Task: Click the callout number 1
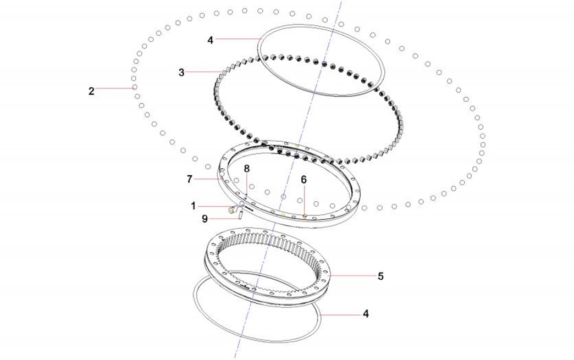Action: tap(194, 206)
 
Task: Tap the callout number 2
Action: tap(91, 91)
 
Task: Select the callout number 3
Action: tap(181, 73)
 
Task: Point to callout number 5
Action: tap(380, 276)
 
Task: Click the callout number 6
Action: tap(303, 180)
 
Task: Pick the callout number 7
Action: tap(189, 179)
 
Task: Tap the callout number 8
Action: tap(247, 169)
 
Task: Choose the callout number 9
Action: tap(205, 219)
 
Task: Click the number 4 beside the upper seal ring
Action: tap(210, 40)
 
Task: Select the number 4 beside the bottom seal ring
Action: tap(366, 314)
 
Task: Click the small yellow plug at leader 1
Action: tap(231, 209)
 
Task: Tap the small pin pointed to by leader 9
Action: tap(240, 215)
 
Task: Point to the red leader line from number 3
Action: tap(203, 72)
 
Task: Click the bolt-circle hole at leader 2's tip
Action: tap(135, 87)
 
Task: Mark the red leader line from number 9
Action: tap(224, 219)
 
